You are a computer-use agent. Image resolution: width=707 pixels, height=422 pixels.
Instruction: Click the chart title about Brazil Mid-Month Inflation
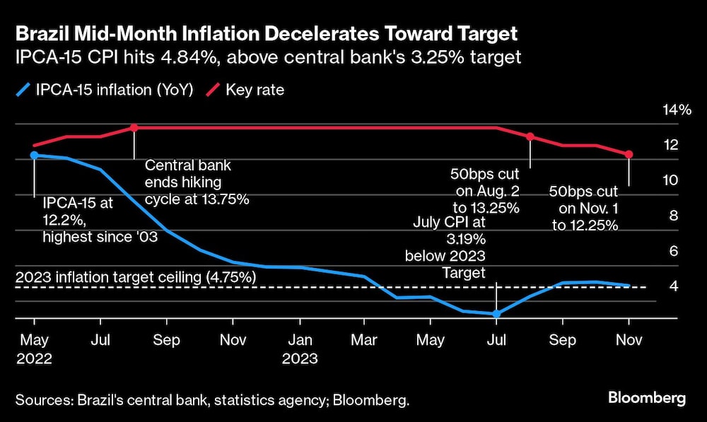(x=267, y=33)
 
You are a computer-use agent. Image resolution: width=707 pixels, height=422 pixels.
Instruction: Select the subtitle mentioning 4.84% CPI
(x=268, y=57)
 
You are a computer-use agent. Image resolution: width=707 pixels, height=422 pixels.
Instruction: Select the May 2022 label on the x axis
(x=33, y=348)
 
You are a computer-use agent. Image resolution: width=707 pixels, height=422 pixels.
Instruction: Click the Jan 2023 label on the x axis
(x=300, y=348)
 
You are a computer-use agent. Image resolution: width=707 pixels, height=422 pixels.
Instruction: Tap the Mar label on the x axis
(x=363, y=340)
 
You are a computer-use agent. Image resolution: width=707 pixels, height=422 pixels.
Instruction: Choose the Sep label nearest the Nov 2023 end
(x=562, y=340)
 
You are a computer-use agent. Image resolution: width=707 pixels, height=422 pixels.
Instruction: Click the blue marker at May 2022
(x=34, y=155)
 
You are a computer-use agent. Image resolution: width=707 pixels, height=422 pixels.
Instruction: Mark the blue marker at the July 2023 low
(x=496, y=314)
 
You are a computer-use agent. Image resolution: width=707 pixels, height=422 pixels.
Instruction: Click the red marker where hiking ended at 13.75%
(x=134, y=128)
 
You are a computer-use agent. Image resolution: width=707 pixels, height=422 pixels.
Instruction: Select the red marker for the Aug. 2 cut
(x=530, y=136)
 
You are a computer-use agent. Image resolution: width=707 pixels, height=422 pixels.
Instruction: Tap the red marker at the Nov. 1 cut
(x=629, y=154)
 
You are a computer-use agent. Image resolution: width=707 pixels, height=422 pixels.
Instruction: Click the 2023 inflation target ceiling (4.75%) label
(x=135, y=277)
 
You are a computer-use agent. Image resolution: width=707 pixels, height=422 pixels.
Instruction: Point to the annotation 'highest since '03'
(x=100, y=238)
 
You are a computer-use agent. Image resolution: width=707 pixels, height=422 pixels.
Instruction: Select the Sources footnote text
(x=212, y=400)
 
